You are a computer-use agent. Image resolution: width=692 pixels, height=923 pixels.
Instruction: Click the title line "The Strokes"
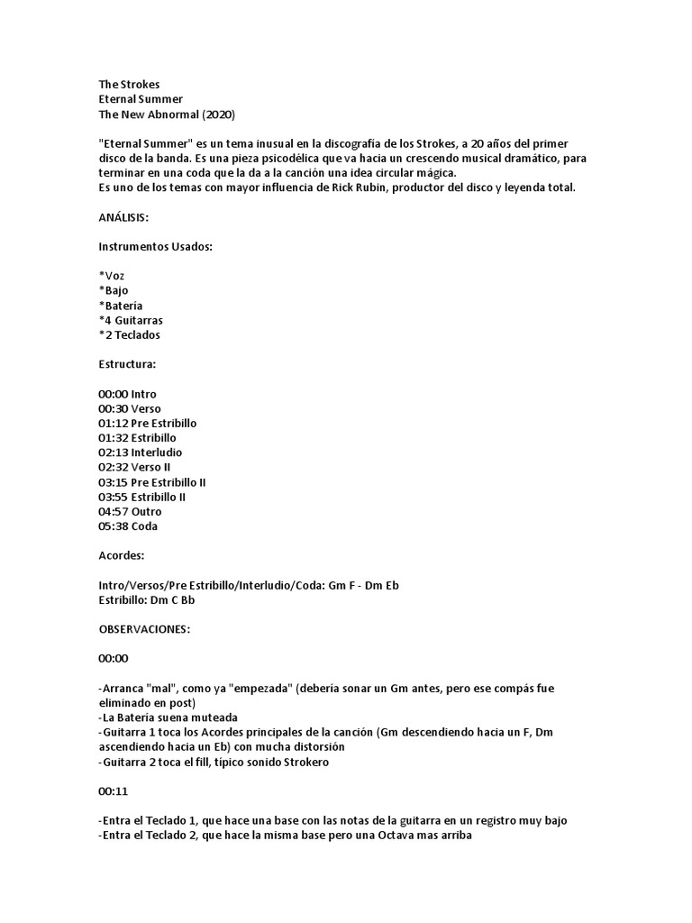coord(129,85)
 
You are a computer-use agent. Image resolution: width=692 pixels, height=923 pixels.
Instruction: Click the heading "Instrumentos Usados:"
coord(155,247)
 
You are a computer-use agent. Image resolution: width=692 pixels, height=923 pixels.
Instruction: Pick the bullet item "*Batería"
coord(121,306)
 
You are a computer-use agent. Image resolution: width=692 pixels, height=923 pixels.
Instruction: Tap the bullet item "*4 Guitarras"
coord(131,320)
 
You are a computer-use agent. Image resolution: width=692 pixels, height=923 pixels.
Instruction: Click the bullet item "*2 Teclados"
coord(130,335)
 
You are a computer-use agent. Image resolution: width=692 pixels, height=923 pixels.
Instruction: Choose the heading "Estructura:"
coord(127,364)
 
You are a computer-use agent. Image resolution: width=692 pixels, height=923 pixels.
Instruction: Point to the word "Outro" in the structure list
coord(147,511)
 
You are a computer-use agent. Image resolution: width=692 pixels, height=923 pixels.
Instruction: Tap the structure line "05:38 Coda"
coord(128,525)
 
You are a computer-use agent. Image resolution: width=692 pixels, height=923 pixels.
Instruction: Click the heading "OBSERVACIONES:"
coord(144,629)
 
